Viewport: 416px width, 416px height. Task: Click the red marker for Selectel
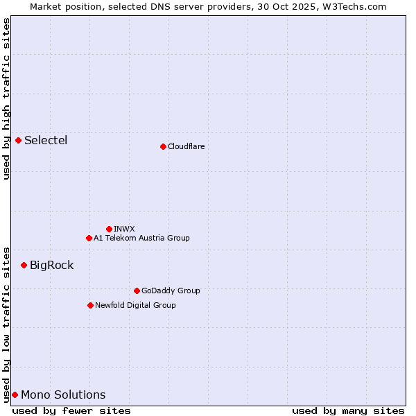[19, 141]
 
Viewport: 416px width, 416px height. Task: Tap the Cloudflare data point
[163, 146]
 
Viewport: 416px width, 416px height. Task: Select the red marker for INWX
[109, 229]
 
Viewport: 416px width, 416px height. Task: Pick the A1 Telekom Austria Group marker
[89, 238]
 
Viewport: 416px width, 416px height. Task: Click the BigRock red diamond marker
[24, 265]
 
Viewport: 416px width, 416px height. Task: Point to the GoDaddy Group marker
[137, 291]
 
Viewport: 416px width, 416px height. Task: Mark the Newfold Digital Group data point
[90, 305]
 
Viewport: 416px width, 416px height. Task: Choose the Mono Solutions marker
[15, 395]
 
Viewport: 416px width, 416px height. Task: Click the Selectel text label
[46, 141]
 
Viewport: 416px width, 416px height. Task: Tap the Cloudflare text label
[186, 146]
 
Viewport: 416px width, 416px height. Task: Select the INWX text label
[124, 229]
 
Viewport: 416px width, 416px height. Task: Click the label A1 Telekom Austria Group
[141, 238]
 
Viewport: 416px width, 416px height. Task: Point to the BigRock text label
[51, 265]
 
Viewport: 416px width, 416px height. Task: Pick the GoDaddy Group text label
[171, 291]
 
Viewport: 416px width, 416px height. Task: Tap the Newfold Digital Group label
[135, 305]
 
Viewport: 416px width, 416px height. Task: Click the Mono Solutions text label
[63, 395]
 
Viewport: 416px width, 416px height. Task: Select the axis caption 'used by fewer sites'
[71, 410]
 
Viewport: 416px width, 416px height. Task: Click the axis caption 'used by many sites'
[348, 410]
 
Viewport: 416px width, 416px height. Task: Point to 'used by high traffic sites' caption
[6, 98]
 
